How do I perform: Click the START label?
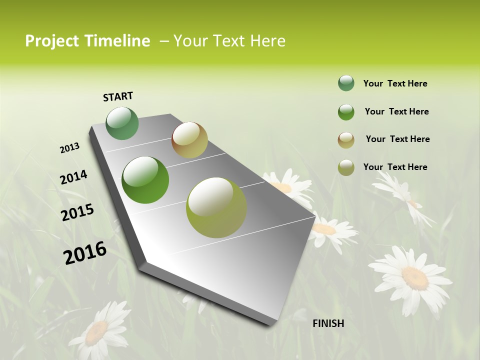click(x=118, y=96)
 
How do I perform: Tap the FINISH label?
click(x=328, y=323)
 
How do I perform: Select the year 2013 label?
click(x=69, y=148)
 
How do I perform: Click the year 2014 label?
click(x=73, y=177)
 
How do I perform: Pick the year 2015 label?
click(x=77, y=212)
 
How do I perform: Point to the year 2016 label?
click(x=85, y=253)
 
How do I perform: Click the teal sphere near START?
click(x=122, y=123)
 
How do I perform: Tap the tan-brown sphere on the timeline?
click(x=189, y=140)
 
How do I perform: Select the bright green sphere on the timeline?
click(x=145, y=180)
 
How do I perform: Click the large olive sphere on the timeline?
click(x=216, y=207)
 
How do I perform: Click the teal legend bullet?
click(x=346, y=83)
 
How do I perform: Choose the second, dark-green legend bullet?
click(x=346, y=112)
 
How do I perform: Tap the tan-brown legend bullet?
click(x=346, y=139)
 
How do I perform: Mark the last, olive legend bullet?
click(x=346, y=167)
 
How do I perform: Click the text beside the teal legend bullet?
click(x=395, y=83)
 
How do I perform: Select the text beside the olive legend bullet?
click(x=395, y=167)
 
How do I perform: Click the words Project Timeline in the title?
click(x=87, y=41)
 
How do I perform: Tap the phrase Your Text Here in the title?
click(x=229, y=41)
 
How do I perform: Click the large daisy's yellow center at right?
click(x=414, y=277)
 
